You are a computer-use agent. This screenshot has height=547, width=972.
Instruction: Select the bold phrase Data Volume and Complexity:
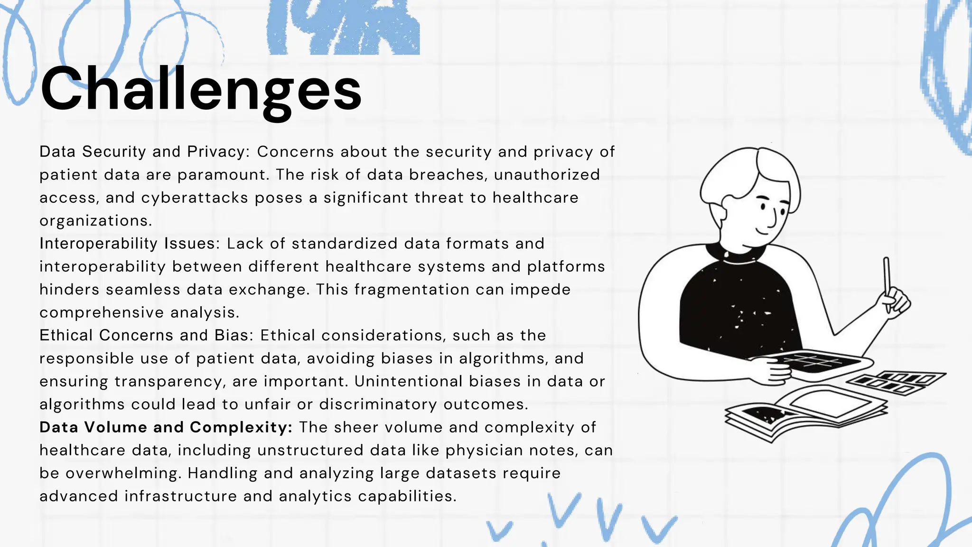pyautogui.click(x=166, y=427)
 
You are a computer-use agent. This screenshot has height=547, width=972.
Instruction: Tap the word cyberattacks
pyautogui.click(x=195, y=198)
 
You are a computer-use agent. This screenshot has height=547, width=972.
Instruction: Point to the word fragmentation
pyautogui.click(x=411, y=290)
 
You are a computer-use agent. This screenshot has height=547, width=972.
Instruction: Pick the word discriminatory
pyautogui.click(x=378, y=405)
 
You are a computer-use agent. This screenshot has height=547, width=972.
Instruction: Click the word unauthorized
pyautogui.click(x=547, y=175)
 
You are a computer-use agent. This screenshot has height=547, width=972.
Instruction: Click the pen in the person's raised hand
pyautogui.click(x=886, y=280)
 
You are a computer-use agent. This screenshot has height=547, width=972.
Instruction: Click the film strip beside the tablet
pyautogui.click(x=897, y=383)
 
